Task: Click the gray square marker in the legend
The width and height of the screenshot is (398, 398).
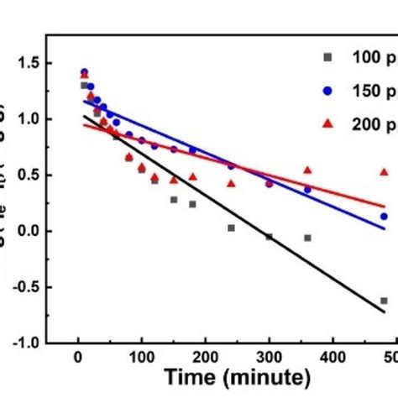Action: coord(327,58)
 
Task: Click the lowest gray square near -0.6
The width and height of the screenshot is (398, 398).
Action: coord(384,301)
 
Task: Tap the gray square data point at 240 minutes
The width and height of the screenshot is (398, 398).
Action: coord(231,228)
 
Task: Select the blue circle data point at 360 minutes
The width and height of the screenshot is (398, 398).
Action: coord(307,190)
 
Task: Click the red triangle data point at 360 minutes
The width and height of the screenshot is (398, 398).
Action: coord(307,170)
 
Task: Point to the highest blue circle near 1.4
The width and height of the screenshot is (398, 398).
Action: coord(84,72)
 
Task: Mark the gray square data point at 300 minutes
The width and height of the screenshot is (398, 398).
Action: coord(269,237)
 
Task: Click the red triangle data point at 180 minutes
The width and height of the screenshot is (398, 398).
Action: coord(192,177)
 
